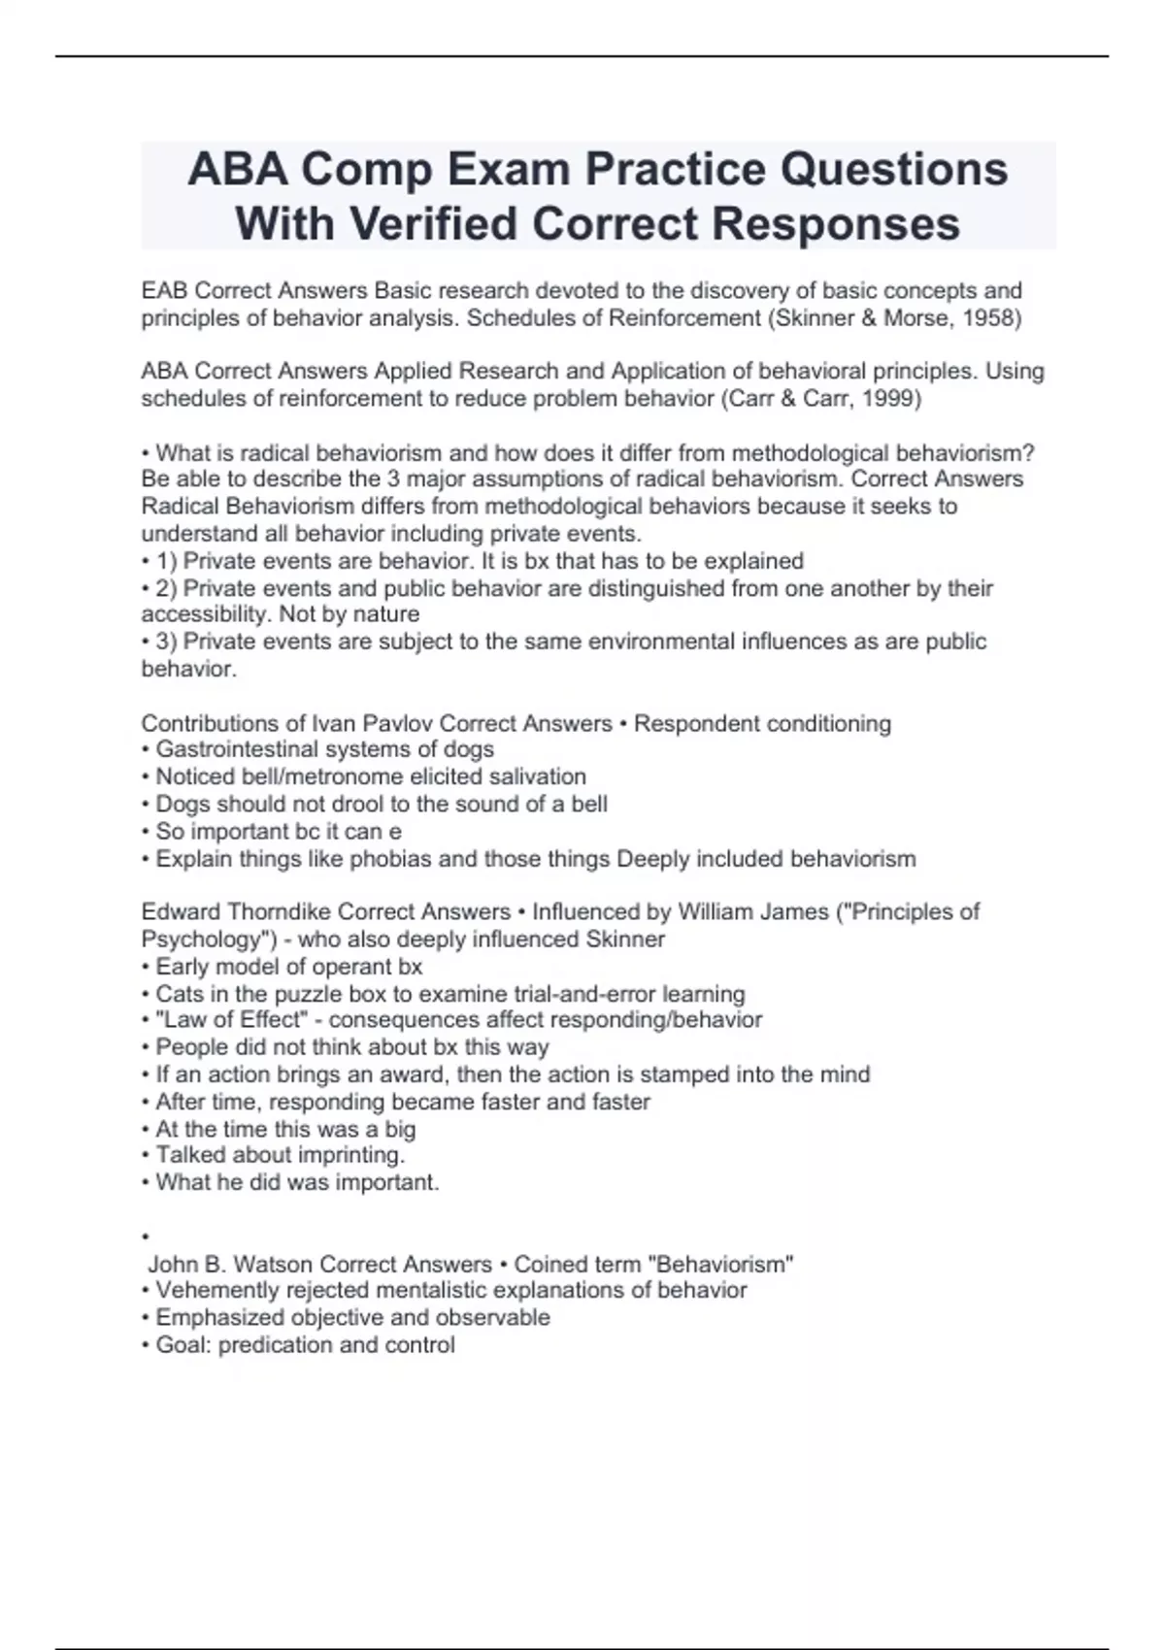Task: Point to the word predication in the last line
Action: [x=276, y=1345]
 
